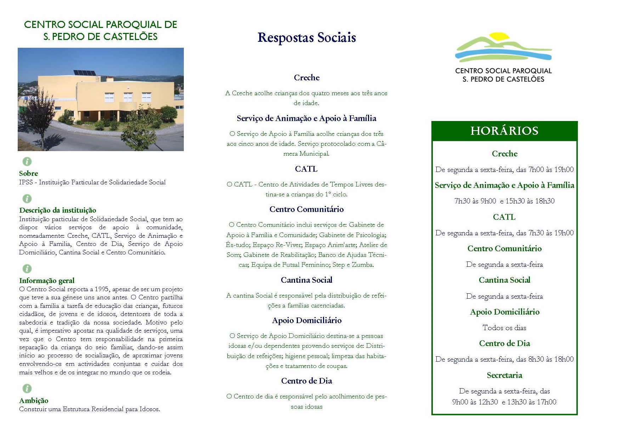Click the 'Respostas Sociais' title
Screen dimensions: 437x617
[x=306, y=38]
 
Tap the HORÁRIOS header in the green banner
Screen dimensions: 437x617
[x=504, y=131]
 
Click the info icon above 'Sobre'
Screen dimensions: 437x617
[x=27, y=162]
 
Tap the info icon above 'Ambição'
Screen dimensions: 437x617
[x=27, y=389]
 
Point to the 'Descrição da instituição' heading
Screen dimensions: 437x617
[x=58, y=210]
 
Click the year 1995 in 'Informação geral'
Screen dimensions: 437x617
[x=102, y=289]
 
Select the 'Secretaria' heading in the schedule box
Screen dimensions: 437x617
[x=504, y=375]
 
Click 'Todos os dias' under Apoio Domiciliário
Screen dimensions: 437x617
[x=504, y=328]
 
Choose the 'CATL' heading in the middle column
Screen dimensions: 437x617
[x=306, y=169]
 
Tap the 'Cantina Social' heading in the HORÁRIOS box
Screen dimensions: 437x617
[x=504, y=280]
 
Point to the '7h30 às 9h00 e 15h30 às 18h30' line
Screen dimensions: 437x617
[x=504, y=201]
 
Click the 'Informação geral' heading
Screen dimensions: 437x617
[x=47, y=281]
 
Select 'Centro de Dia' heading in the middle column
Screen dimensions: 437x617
[x=306, y=381]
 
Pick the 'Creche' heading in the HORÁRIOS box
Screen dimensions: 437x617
[x=504, y=154]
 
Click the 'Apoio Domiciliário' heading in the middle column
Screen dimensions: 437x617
[x=306, y=321]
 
